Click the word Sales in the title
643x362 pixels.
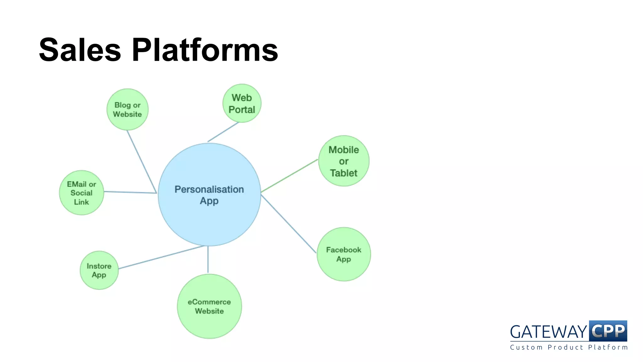tap(80, 50)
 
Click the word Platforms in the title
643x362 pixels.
tap(205, 50)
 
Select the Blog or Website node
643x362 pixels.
tap(127, 109)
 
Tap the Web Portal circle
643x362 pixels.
tap(242, 103)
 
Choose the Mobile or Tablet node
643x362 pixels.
tap(343, 161)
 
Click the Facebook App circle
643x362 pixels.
tap(343, 254)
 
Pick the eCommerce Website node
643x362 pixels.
tap(209, 306)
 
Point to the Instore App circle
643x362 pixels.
tap(99, 270)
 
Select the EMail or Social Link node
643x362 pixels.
tap(81, 193)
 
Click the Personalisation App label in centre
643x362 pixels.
tap(209, 195)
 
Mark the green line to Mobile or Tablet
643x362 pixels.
tap(289, 176)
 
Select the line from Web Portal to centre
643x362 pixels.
tap(223, 132)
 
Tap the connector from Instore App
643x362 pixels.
tap(161, 257)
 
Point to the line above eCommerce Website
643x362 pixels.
tap(208, 260)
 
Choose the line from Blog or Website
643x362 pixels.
tap(142, 162)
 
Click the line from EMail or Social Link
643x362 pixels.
tap(130, 192)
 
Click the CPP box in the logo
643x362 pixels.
tap(608, 331)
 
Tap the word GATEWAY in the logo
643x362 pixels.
tap(548, 332)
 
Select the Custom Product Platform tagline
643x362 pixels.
tap(569, 347)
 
